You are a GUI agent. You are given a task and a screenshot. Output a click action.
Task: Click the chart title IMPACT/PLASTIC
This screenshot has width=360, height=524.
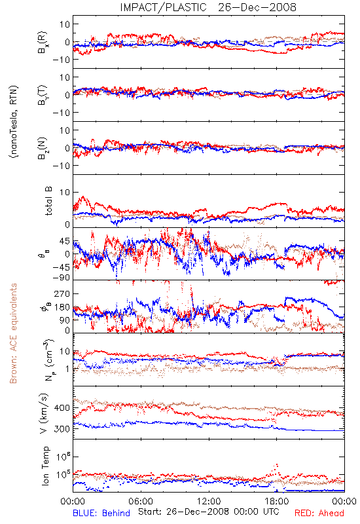coord(163,7)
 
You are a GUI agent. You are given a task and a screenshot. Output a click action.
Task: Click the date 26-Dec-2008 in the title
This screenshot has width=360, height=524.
coord(257,7)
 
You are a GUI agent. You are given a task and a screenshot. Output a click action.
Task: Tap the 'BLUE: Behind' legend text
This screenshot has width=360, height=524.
coord(101,513)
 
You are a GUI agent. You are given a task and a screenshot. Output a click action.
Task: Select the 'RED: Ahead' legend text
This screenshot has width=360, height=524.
coord(319,513)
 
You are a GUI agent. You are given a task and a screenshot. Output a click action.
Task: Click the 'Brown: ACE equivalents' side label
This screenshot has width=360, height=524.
coord(13,333)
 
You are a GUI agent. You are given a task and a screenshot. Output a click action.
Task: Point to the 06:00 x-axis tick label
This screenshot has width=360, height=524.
coord(141,501)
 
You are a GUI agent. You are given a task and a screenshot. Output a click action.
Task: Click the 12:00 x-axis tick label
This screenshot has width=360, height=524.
coord(209,501)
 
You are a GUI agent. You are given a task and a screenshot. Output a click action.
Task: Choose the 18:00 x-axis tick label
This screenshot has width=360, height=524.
coord(277,501)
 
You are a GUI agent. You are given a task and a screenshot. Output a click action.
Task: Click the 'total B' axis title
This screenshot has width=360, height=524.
coord(48,201)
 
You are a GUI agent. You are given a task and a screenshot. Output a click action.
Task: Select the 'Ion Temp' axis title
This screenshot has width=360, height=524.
coord(45,466)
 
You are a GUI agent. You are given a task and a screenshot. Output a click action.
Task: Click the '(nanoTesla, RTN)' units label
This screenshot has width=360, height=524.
coord(14,122)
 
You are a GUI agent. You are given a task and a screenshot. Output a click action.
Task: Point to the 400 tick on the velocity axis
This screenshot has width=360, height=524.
coord(62,408)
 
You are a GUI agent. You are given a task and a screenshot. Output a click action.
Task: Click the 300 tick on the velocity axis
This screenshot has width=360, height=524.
coord(62,429)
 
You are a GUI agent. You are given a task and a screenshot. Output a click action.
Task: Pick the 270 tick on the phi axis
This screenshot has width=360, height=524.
coord(62,293)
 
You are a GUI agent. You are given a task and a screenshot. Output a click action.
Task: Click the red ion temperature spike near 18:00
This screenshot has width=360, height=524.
coord(276,465)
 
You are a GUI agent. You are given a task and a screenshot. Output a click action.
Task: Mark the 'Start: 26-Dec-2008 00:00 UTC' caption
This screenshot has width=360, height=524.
coord(209,512)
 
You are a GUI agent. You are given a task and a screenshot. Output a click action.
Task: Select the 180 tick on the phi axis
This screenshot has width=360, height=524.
coord(62,307)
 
